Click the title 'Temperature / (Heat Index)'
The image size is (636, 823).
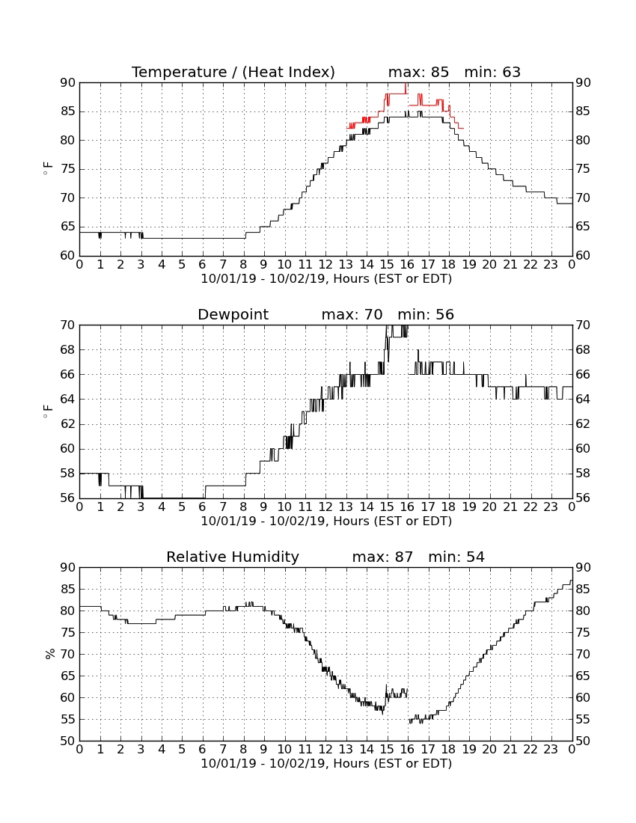coord(233,73)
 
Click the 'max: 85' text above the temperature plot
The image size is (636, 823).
coord(418,73)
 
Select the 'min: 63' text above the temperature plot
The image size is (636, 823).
coord(492,73)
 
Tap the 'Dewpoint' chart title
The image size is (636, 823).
coord(233,315)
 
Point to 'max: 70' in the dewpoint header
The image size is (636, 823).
coord(352,315)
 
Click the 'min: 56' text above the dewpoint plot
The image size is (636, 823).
coord(426,315)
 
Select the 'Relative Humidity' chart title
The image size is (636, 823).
coord(233,557)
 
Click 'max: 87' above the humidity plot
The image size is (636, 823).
coord(382,557)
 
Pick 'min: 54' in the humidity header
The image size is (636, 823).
coord(456,557)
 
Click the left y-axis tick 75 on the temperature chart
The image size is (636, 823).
coord(68,170)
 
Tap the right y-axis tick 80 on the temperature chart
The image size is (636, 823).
coord(583,141)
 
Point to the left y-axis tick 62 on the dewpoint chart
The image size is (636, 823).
coord(68,424)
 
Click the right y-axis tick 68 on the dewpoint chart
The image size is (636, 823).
coord(583,350)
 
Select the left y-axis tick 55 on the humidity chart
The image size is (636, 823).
coord(68,720)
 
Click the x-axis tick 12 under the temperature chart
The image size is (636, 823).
coord(325,265)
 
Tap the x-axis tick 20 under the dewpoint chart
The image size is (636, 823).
coord(489,507)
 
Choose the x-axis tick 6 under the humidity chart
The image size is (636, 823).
coord(203,750)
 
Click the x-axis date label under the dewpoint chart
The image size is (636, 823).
coord(326,521)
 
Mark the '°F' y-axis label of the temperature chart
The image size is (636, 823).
coord(48,169)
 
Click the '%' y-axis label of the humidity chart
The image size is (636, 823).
coord(50,654)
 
